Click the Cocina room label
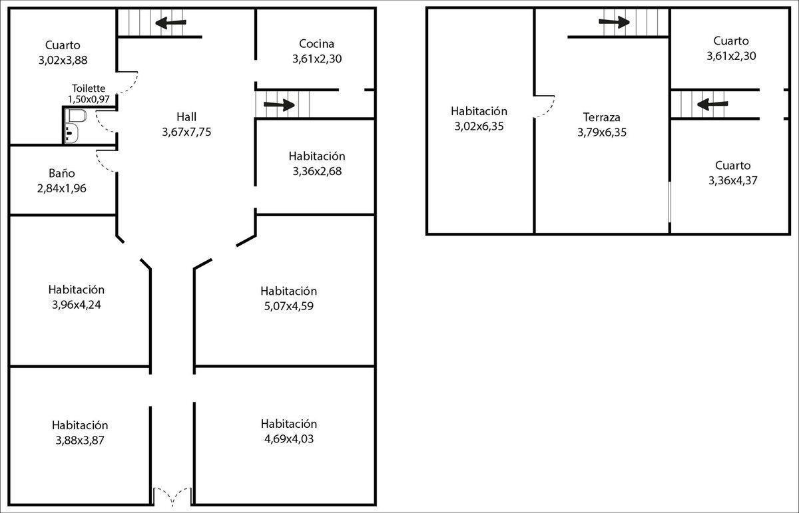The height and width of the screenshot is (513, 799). pos(316,44)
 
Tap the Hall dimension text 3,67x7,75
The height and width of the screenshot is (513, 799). pos(186,132)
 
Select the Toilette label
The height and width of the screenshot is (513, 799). pos(89,88)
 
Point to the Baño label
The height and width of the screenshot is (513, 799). pos(62,174)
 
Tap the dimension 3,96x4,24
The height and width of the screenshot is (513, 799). pos(76,305)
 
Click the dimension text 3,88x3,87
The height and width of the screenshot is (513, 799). pos(80,440)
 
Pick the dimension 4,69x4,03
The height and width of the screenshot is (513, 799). pos(289,438)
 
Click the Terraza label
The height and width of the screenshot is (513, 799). pos(602,117)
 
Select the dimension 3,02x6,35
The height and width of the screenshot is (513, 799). pos(479,126)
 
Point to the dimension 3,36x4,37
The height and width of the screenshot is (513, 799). pos(733,180)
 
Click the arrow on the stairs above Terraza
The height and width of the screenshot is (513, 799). pos(614,23)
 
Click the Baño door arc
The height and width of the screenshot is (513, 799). pos(105,160)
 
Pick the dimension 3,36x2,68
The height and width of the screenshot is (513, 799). pos(317,171)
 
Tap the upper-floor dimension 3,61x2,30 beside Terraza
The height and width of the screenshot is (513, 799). pos(730,56)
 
